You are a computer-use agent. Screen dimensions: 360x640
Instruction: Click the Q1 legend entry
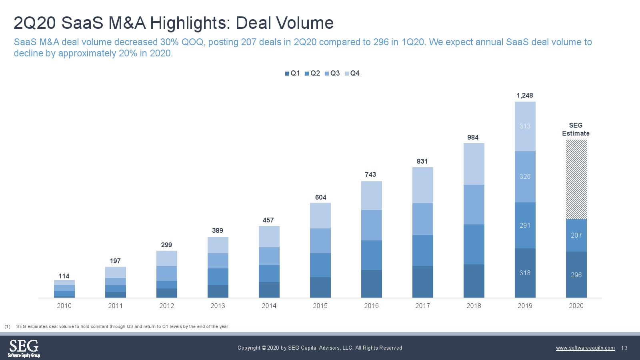point(292,73)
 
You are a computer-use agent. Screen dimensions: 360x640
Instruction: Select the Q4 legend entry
point(352,73)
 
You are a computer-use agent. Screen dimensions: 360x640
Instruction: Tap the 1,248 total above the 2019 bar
point(525,95)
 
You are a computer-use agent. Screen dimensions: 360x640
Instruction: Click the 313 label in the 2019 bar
point(525,126)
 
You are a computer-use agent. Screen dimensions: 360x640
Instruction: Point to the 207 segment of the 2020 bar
point(576,235)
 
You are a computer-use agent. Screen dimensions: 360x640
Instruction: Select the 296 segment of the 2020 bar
point(576,275)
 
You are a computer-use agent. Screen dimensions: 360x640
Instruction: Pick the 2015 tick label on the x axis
point(320,306)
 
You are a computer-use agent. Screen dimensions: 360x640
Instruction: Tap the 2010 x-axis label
point(64,306)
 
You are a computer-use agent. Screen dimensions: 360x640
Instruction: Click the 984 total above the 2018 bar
point(473,137)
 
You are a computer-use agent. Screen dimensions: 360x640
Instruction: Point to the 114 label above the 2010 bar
point(64,276)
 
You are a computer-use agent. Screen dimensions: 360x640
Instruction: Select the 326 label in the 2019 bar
point(525,176)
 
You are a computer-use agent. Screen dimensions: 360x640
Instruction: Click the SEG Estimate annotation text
point(576,129)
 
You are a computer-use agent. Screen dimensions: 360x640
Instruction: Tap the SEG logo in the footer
point(24,348)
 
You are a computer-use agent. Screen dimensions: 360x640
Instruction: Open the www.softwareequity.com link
point(585,348)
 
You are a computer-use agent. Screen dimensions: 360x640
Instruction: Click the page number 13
point(624,348)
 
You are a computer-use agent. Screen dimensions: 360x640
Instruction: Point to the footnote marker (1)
point(7,326)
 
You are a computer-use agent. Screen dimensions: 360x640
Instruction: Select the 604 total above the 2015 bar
point(320,197)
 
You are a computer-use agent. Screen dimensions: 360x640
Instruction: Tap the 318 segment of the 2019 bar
point(525,273)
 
